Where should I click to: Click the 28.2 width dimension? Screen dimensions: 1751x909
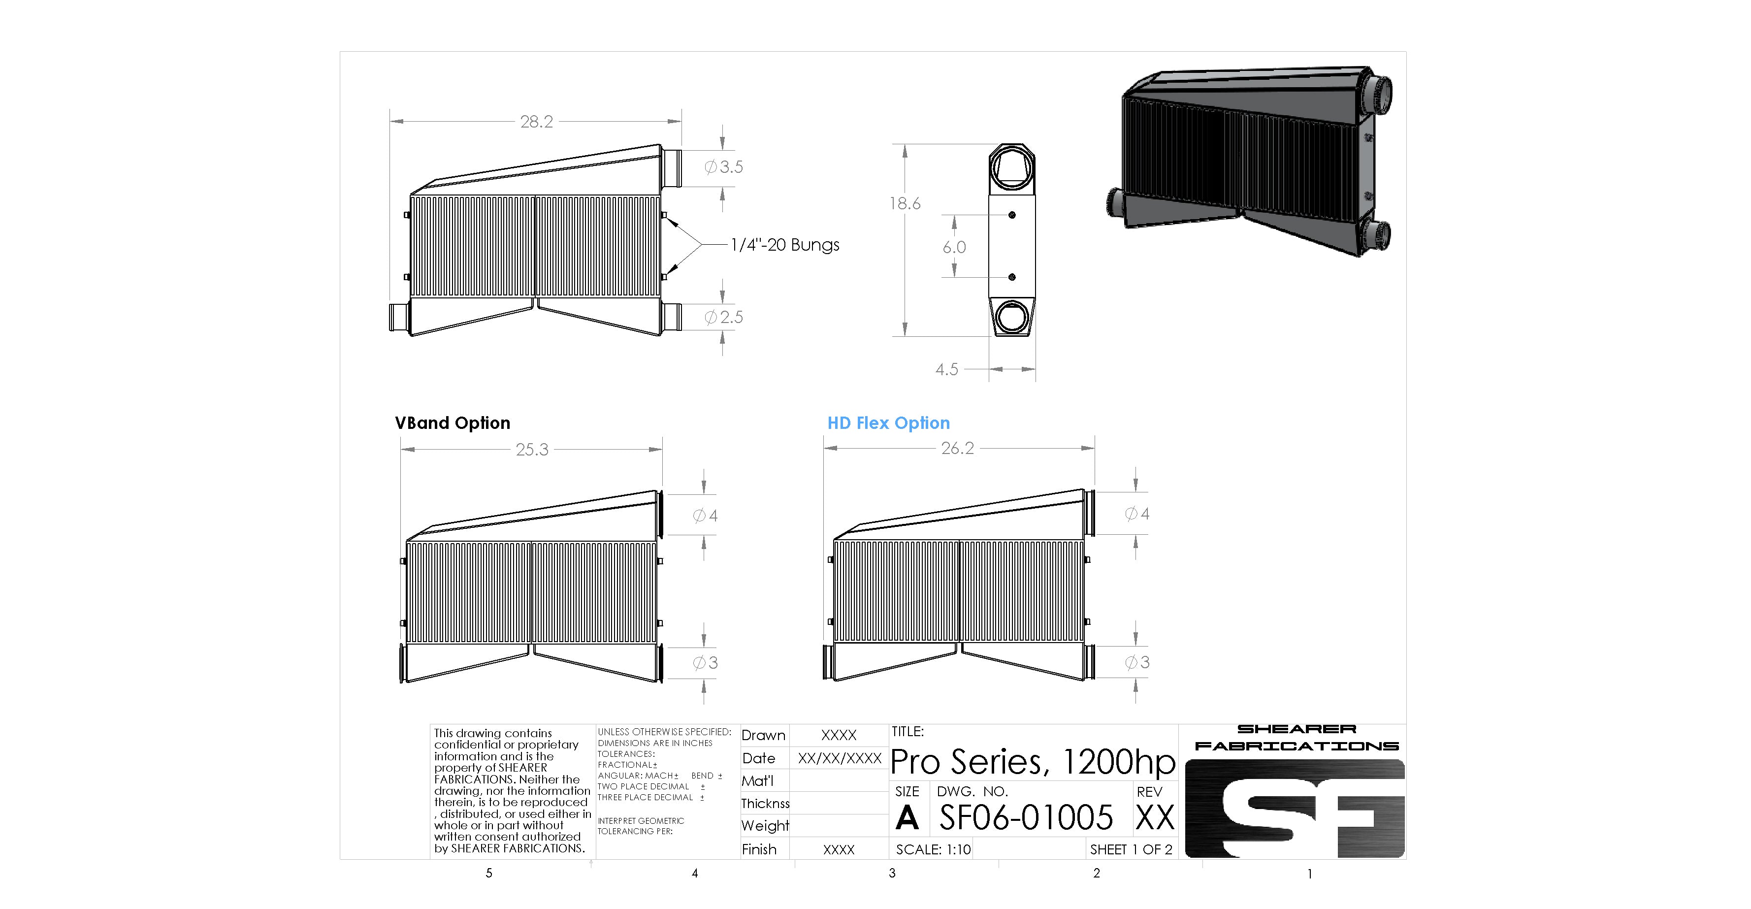(x=536, y=122)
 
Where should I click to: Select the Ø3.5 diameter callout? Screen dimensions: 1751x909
(x=724, y=166)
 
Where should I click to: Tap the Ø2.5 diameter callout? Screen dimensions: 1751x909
(x=724, y=317)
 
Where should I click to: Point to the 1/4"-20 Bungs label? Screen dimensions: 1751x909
(x=785, y=245)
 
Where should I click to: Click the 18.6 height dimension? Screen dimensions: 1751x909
(x=905, y=203)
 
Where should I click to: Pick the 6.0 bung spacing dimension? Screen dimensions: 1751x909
(x=954, y=247)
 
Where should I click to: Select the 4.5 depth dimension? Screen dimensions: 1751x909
(x=947, y=369)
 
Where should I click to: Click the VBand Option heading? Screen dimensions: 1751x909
(x=453, y=423)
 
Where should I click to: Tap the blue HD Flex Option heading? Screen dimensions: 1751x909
(x=888, y=423)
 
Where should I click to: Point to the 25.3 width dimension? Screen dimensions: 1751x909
(x=532, y=450)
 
